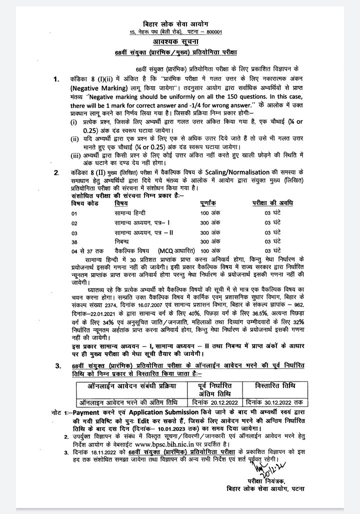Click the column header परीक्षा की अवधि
(x=272, y=203)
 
